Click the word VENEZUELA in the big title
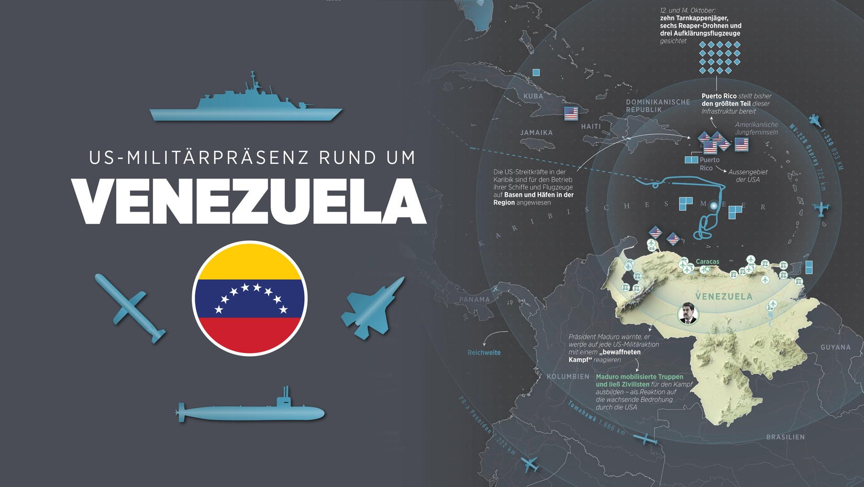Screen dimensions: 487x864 [249, 202]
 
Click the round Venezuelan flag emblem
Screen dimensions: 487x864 [249, 298]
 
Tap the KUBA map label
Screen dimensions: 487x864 [534, 96]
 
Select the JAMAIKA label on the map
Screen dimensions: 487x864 [537, 133]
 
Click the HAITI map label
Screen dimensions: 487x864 [591, 127]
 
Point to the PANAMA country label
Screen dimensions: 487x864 [474, 300]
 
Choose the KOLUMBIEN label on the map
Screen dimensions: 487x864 [568, 377]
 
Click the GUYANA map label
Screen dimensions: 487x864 [836, 347]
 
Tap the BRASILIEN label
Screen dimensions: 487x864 [785, 437]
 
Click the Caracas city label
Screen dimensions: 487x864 [707, 262]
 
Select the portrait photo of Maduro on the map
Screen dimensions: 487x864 [688, 313]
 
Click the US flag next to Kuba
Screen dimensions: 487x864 [571, 114]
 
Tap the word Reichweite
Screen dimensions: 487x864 [484, 353]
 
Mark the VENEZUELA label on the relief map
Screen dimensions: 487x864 [724, 296]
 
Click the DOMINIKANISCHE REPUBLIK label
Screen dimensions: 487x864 [658, 106]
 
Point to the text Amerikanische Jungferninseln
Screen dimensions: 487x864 [756, 128]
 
